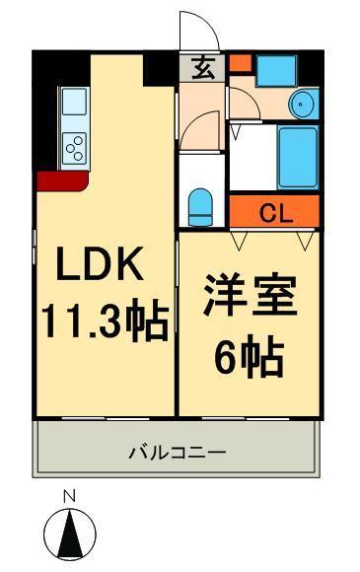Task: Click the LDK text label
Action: pyautogui.click(x=103, y=265)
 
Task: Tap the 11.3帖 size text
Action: pyautogui.click(x=103, y=321)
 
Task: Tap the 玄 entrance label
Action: pyautogui.click(x=202, y=69)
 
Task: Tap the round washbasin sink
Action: pyautogui.click(x=302, y=104)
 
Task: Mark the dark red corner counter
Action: pyautogui.click(x=59, y=180)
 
